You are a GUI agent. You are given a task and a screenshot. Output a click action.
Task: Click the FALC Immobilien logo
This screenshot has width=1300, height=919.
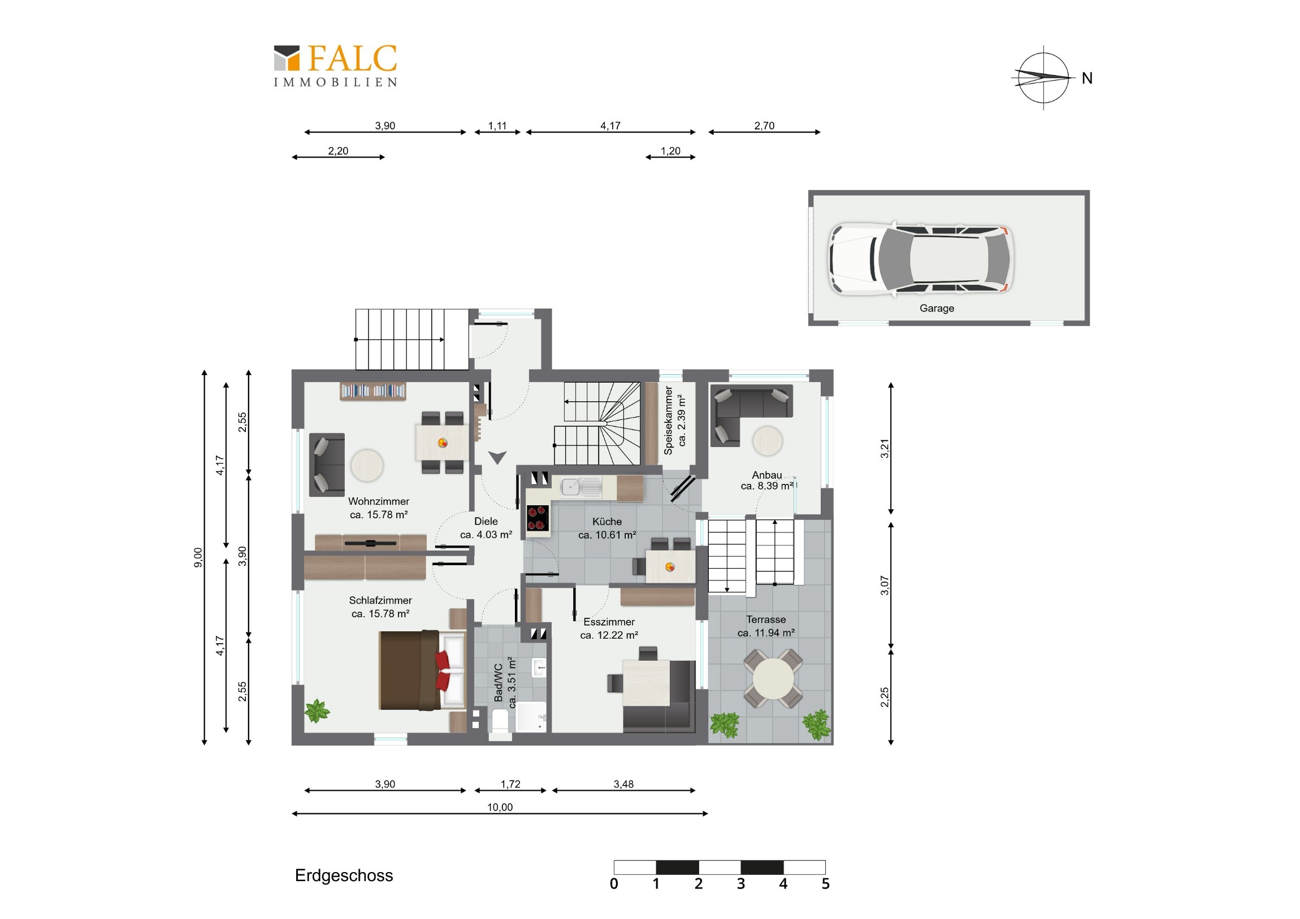[x=335, y=66]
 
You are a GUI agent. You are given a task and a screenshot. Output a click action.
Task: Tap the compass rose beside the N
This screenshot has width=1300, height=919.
[x=1043, y=77]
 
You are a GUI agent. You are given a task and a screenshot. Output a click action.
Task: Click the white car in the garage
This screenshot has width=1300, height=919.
[x=921, y=259]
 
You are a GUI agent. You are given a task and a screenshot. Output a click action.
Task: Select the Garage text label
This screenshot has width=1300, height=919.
[x=937, y=308]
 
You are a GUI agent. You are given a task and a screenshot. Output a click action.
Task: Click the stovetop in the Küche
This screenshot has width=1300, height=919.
[x=538, y=518]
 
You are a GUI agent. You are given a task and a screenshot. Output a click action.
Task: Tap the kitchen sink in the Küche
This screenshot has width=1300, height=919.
[x=580, y=487]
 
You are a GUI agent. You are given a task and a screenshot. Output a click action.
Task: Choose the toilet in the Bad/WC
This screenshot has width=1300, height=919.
[x=500, y=725]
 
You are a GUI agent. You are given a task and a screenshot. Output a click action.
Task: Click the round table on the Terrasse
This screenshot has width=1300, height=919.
[x=773, y=678]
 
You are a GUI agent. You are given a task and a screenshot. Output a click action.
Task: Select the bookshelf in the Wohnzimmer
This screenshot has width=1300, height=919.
[x=372, y=391]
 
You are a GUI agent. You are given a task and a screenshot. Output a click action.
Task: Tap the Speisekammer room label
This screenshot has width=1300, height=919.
[x=668, y=420]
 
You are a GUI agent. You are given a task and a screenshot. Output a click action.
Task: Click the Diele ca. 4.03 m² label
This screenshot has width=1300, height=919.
[x=486, y=528]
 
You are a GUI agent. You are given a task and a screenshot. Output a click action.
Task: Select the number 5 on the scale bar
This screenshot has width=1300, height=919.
[x=826, y=884]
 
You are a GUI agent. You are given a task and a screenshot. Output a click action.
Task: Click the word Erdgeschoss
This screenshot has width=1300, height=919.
[x=344, y=875]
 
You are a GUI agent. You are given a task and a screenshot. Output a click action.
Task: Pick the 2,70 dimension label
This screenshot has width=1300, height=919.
[x=764, y=125]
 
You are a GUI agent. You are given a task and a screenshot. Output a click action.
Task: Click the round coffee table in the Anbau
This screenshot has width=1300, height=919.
[x=768, y=440]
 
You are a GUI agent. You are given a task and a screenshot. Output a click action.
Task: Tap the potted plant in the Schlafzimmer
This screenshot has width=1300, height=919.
[x=317, y=710]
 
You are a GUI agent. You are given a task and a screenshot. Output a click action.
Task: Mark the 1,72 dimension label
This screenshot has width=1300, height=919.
[x=510, y=784]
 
